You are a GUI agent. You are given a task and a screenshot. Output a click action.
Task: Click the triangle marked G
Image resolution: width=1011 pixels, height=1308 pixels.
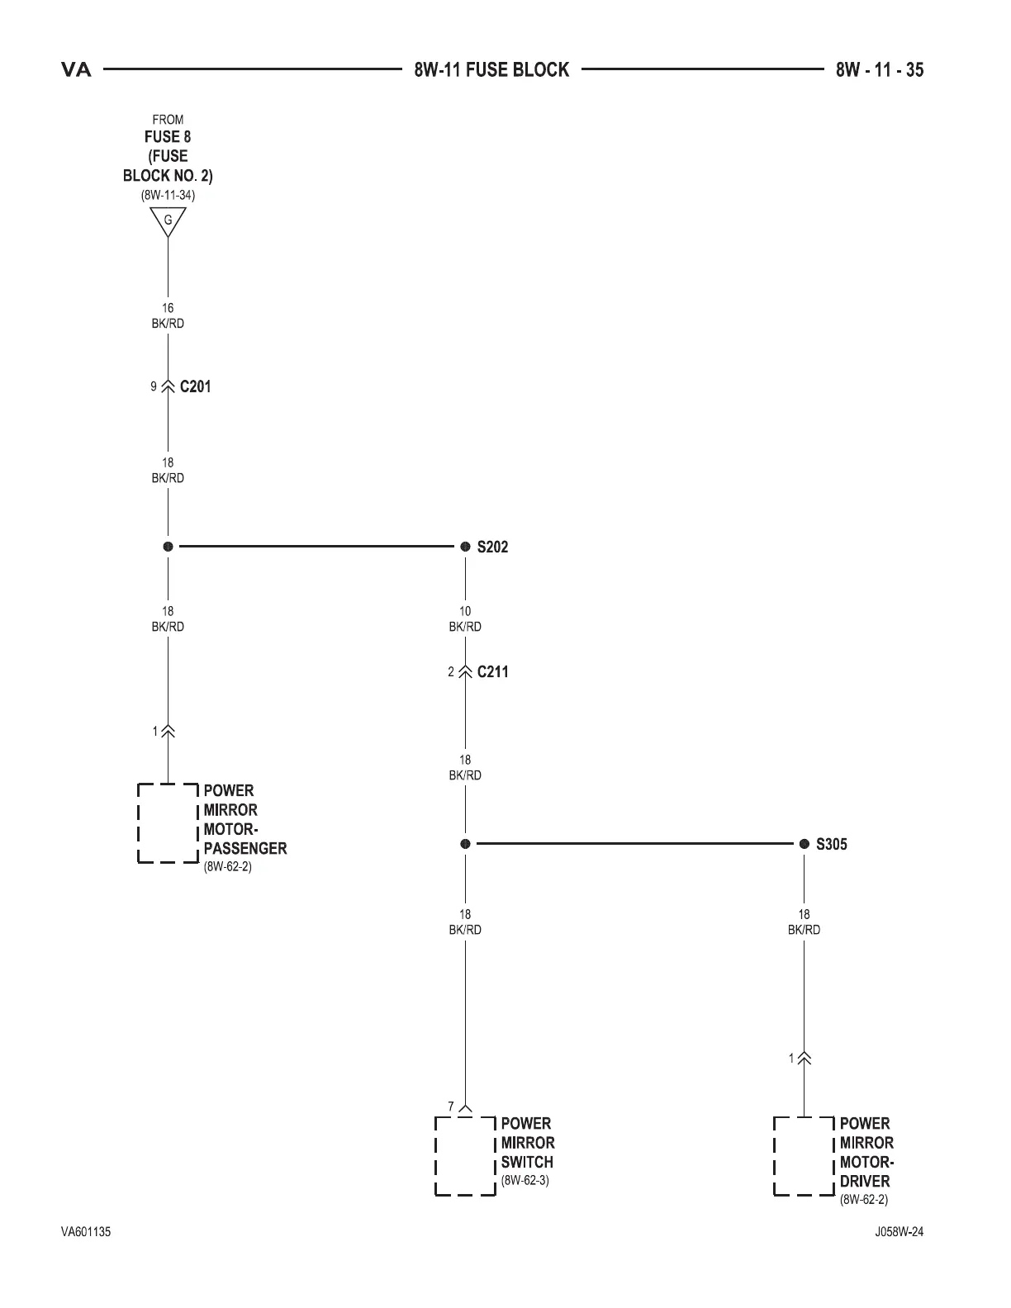[x=168, y=220]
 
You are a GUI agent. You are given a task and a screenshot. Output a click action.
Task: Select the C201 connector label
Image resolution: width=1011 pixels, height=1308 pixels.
[x=195, y=386]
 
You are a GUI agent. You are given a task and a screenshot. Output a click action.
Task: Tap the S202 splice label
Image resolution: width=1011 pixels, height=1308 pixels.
[x=492, y=547]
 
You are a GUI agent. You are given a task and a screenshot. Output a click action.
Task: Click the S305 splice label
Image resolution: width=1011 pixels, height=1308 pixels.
[x=831, y=844]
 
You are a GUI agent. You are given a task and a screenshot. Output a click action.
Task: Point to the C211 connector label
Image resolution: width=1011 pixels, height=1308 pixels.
[x=492, y=672]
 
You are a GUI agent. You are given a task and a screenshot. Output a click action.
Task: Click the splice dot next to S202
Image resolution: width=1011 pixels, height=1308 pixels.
[x=465, y=547]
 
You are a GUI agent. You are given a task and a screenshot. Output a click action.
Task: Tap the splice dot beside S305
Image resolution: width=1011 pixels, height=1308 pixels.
[x=804, y=844]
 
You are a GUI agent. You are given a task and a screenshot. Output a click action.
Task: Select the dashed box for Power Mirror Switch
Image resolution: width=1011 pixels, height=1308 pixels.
[x=465, y=1156]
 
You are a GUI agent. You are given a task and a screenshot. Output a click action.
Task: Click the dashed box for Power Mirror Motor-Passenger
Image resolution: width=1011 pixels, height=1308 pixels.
[x=168, y=823]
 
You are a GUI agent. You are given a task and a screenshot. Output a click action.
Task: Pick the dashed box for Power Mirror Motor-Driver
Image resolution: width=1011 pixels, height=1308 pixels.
[x=804, y=1156]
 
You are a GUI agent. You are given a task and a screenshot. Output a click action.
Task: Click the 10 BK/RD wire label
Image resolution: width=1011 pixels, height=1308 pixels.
[x=465, y=619]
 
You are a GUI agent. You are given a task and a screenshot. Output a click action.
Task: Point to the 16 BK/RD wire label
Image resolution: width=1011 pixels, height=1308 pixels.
[x=168, y=315]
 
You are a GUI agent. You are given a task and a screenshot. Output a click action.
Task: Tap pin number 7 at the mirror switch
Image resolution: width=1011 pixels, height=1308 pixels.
[x=451, y=1107]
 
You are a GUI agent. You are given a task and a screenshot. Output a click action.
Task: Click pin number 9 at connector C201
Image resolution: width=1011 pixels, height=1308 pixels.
[x=154, y=386]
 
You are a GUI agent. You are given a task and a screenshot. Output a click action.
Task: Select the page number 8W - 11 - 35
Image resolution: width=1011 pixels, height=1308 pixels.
[x=879, y=70]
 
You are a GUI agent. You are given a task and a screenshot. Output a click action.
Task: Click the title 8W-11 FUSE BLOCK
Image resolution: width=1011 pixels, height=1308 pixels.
[x=491, y=70]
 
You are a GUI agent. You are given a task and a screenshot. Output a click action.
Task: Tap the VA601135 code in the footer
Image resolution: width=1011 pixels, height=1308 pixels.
[x=86, y=1232]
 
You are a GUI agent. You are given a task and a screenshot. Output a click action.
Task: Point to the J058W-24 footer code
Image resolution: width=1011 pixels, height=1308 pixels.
[x=899, y=1232]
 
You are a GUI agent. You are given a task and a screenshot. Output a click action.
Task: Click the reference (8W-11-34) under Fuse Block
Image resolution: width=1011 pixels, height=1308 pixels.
[x=168, y=196]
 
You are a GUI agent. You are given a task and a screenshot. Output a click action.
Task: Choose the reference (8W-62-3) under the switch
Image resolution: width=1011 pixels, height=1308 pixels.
[x=524, y=1180]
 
